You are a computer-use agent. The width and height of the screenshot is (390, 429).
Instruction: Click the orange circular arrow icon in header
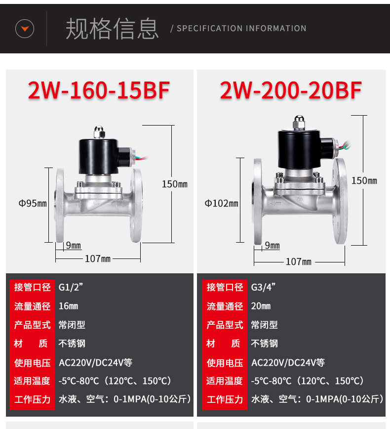point(25,29)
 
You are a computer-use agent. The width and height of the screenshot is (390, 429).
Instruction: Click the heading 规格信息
point(112,29)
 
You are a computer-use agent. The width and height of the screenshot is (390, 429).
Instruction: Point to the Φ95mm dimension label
point(33,203)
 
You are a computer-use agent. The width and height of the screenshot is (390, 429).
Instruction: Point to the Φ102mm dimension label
point(222,203)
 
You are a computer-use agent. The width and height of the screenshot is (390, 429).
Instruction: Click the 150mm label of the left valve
point(175,184)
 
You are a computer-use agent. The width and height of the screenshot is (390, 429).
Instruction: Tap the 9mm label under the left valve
point(73,246)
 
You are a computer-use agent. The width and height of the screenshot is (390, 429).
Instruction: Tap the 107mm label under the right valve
point(298,261)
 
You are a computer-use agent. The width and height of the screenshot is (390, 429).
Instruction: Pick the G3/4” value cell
point(263,287)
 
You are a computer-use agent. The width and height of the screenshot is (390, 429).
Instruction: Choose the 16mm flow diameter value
point(68,306)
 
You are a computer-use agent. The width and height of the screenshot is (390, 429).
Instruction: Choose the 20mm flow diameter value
point(261,306)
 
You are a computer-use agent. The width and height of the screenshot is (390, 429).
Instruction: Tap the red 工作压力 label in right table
point(225,399)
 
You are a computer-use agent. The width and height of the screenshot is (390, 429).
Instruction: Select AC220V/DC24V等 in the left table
point(95,362)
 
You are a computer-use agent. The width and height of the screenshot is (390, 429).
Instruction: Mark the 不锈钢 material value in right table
point(265,343)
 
